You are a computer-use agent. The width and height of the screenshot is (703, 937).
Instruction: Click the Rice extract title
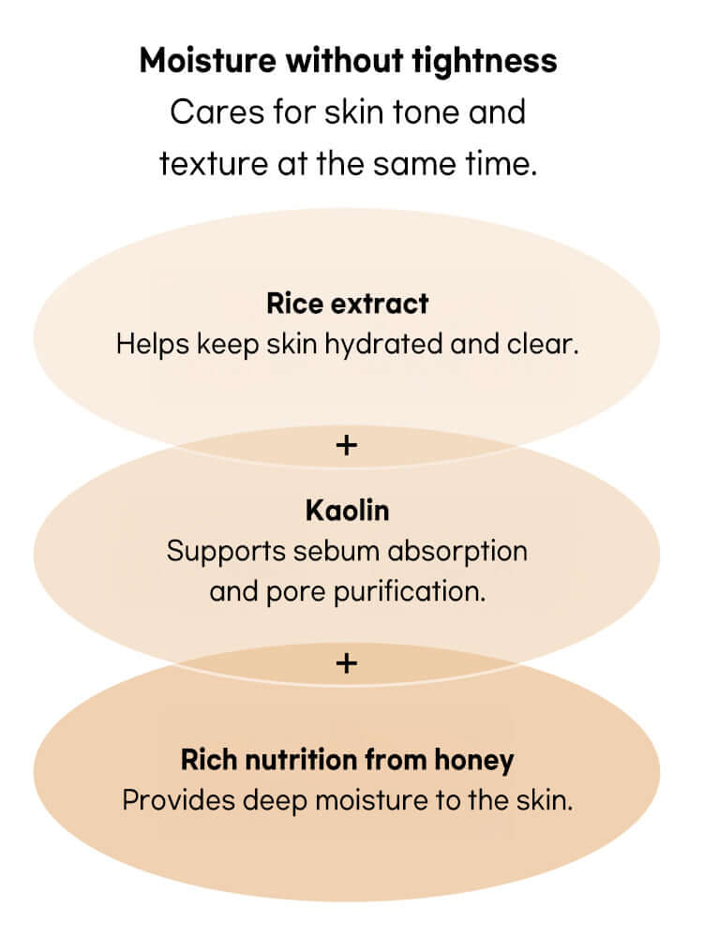347,304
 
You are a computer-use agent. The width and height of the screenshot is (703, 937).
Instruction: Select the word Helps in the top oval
153,343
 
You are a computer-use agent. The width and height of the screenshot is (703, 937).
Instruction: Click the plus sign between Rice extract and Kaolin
347,444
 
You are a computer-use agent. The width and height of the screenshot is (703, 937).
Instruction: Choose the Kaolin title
347,511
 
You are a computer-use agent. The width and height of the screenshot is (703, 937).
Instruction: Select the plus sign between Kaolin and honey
347,663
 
